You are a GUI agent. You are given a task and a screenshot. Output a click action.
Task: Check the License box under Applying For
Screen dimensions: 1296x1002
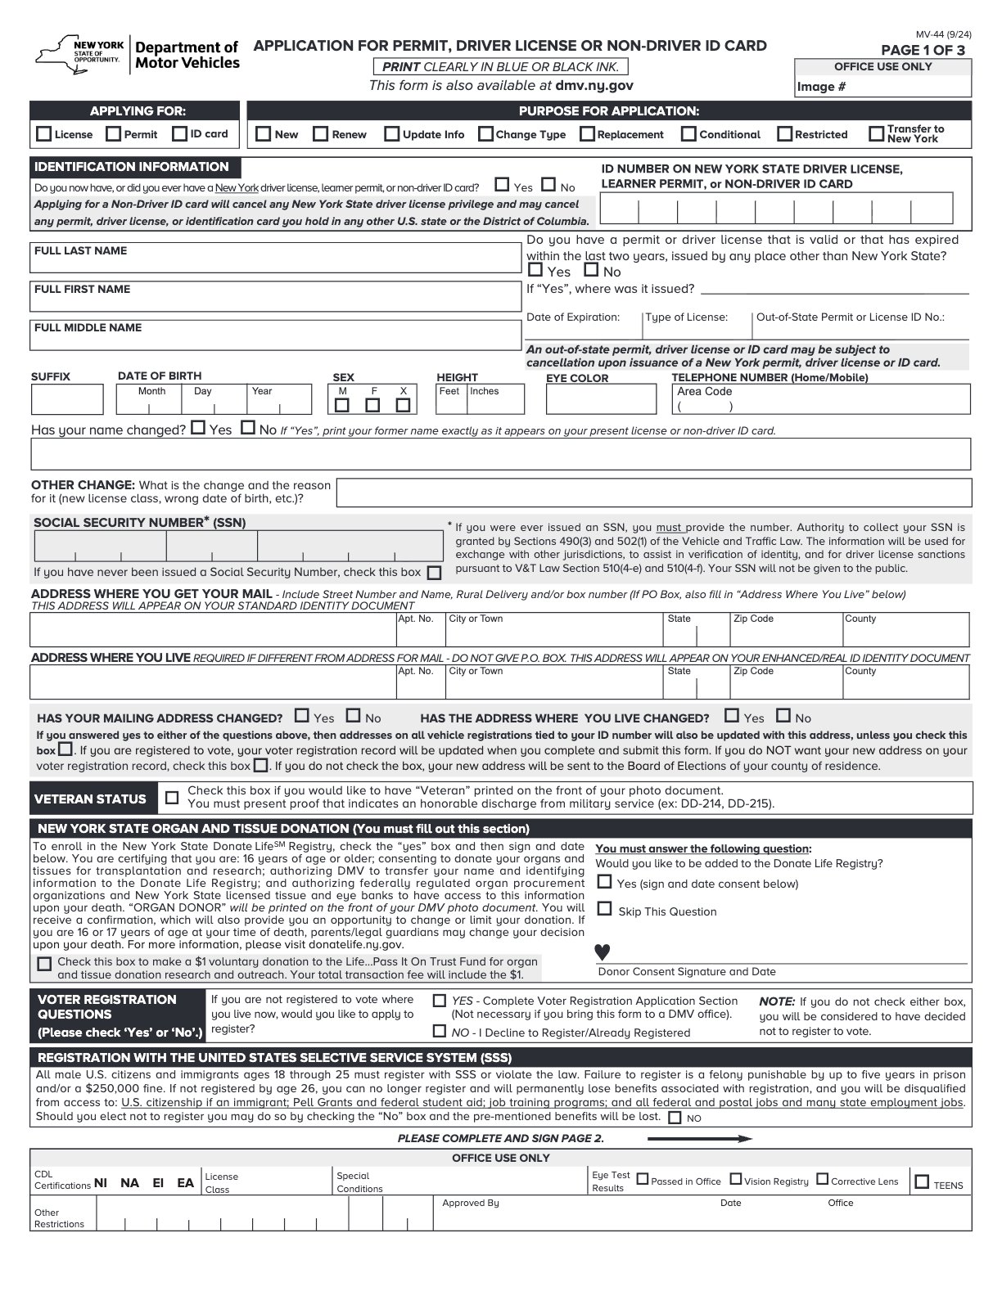click(44, 134)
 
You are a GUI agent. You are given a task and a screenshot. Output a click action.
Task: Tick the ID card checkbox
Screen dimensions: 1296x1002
click(180, 134)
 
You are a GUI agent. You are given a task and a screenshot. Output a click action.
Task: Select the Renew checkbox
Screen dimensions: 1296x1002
click(321, 134)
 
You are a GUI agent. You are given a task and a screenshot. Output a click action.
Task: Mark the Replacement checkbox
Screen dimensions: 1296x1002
click(587, 134)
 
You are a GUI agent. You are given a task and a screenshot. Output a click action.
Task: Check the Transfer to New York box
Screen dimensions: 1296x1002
click(877, 133)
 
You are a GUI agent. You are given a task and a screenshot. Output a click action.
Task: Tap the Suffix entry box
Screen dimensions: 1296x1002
click(67, 400)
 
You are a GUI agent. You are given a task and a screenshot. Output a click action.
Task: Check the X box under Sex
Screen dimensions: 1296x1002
click(403, 405)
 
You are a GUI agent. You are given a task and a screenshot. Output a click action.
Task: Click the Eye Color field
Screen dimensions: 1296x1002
click(601, 400)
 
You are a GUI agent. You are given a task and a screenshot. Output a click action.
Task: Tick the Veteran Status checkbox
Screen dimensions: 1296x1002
click(172, 798)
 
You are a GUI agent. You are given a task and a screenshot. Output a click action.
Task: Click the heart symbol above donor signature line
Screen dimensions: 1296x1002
click(603, 952)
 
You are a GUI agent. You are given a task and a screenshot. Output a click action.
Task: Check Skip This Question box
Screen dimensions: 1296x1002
click(605, 909)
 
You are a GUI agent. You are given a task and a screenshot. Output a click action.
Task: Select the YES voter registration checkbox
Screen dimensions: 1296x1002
click(440, 1001)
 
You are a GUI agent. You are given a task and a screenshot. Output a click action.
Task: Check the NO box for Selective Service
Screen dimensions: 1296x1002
click(675, 1118)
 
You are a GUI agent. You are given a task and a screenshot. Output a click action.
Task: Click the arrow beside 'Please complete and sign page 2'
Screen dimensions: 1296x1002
click(699, 1139)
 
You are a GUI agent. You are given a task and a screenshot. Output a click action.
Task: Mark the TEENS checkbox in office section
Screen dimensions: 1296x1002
click(923, 1181)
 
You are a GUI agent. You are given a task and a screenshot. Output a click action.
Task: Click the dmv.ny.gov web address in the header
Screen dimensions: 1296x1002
click(594, 85)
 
